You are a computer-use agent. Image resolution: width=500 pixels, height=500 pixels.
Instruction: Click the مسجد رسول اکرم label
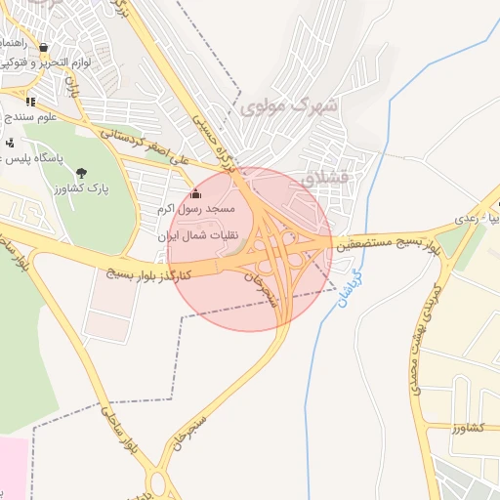(195, 210)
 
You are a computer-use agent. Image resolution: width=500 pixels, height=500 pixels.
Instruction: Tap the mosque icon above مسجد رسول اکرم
(195, 192)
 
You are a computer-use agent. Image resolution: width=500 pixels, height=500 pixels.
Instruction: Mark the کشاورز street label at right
(470, 428)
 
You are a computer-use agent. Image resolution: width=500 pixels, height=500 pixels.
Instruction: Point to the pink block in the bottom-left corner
(13, 469)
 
